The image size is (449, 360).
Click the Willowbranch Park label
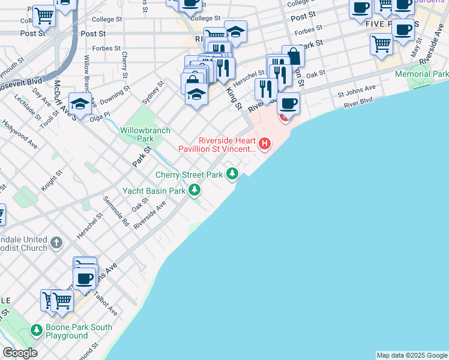[145, 134]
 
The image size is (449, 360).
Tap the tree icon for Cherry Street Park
[232, 174]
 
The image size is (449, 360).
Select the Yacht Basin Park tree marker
[194, 190]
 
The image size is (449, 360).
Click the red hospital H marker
[264, 144]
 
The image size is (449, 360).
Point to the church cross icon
[56, 243]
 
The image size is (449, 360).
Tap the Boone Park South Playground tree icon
[37, 331]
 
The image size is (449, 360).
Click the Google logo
[20, 353]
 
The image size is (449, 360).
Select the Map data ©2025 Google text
[411, 355]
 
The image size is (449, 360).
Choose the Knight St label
[51, 181]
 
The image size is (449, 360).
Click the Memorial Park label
[421, 74]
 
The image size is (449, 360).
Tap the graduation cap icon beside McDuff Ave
[80, 103]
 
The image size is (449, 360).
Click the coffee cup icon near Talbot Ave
[85, 278]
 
